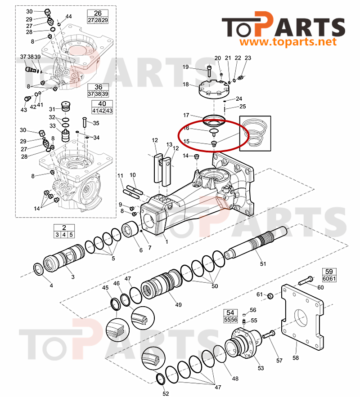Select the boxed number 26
coord(98,13)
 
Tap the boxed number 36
coord(98,87)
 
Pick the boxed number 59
coord(329,272)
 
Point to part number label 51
coord(263,263)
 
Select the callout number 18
coord(186,84)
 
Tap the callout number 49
coord(179,304)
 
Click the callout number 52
coord(166,394)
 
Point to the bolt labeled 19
coord(209,70)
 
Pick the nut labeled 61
coord(271,296)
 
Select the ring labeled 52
coord(160,379)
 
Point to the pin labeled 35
coord(85,122)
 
